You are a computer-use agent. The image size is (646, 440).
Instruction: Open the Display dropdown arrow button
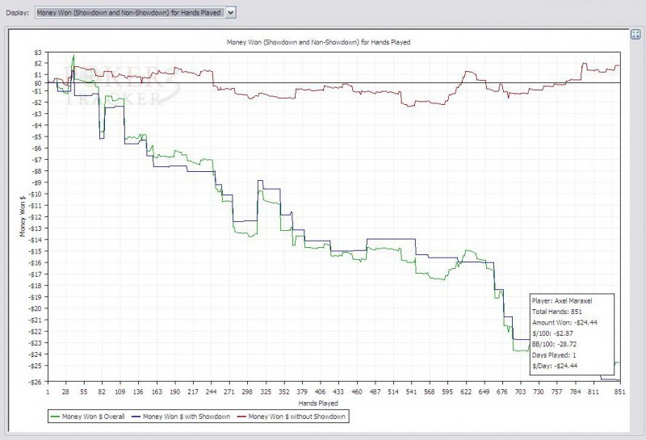(x=231, y=13)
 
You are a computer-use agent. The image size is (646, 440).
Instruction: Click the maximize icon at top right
(x=635, y=33)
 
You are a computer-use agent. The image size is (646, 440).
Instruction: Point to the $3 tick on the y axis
(x=37, y=52)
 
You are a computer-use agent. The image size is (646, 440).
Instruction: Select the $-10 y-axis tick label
(x=35, y=194)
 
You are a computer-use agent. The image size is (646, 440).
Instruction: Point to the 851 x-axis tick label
(x=618, y=391)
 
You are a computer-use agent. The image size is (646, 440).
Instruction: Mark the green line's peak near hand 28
(x=73, y=56)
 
